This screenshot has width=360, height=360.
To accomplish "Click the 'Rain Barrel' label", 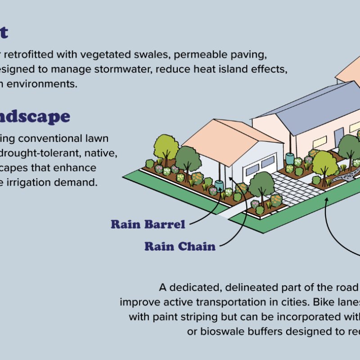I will click(x=148, y=224).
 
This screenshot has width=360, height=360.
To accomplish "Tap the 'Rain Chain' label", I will click(x=180, y=246).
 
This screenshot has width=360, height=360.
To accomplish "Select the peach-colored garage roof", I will click(x=225, y=137).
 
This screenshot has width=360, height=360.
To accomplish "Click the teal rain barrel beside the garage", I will click(x=219, y=186).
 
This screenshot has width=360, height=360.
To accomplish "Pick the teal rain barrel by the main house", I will click(x=289, y=158).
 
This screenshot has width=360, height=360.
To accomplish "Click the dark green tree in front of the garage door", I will click(x=261, y=182).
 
